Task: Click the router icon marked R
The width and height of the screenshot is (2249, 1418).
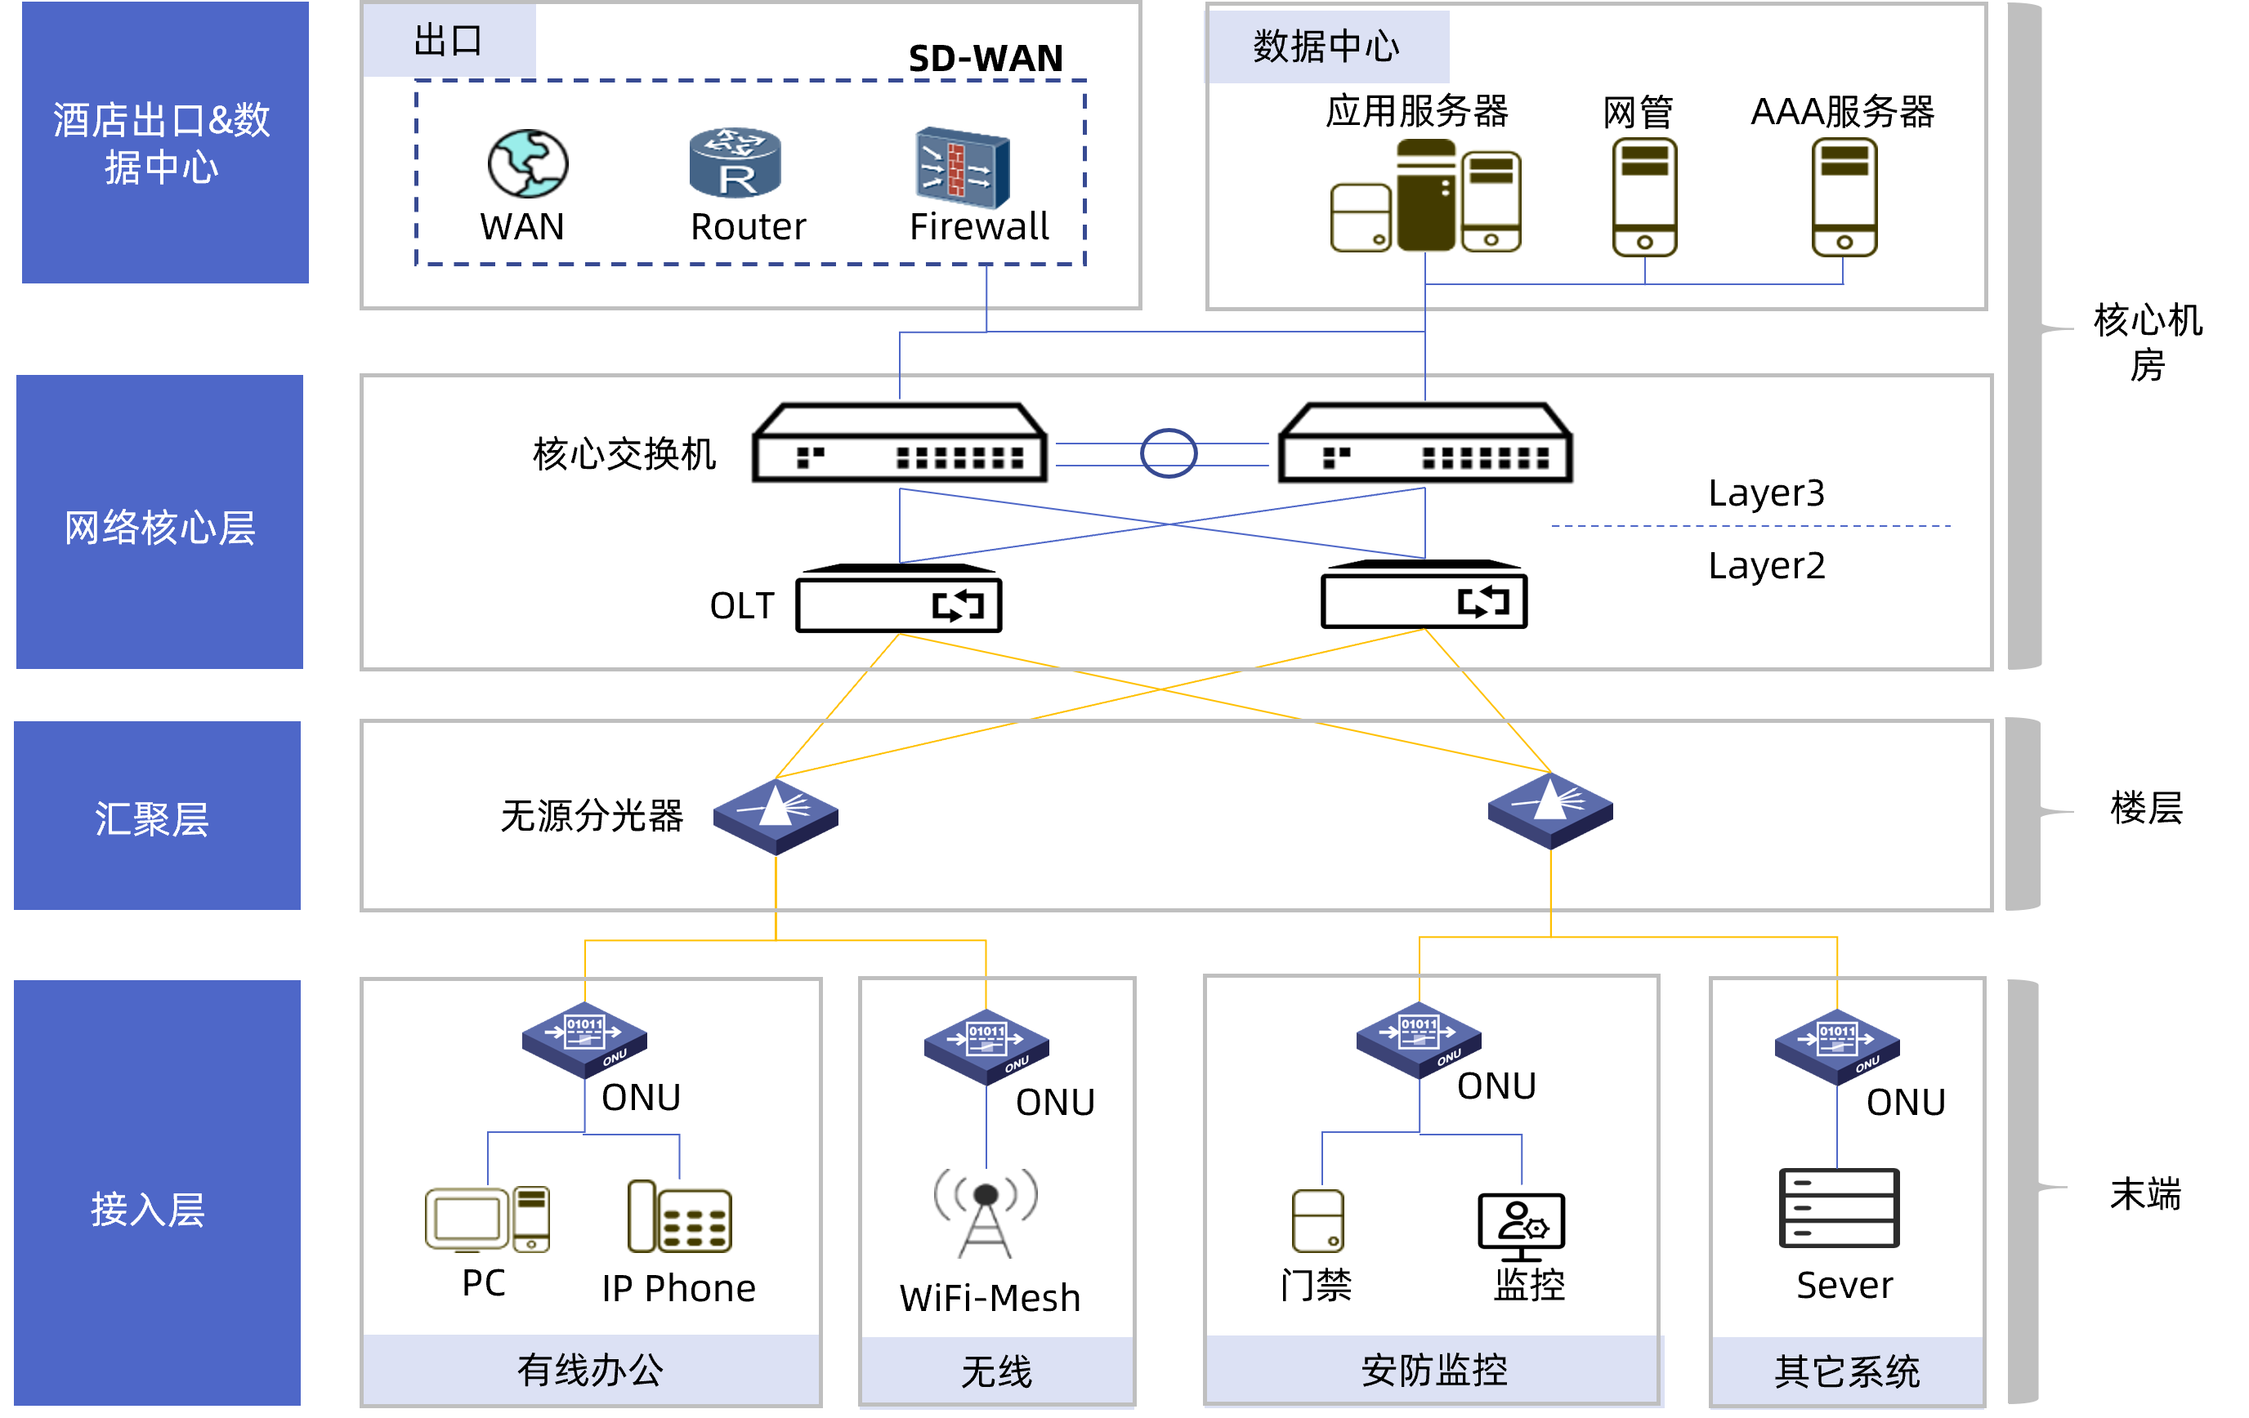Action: [x=735, y=163]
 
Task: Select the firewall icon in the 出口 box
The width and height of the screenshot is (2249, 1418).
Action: [x=962, y=168]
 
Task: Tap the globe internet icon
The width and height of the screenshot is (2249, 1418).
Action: [x=528, y=163]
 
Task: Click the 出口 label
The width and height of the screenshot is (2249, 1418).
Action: [x=449, y=40]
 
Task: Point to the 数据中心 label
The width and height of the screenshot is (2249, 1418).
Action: [x=1326, y=47]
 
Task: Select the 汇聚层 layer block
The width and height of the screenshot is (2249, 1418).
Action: [x=157, y=815]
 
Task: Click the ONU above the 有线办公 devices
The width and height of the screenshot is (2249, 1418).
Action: [x=584, y=1040]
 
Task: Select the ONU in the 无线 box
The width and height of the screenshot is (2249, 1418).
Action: [x=986, y=1046]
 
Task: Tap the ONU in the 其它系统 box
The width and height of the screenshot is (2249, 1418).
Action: [x=1837, y=1046]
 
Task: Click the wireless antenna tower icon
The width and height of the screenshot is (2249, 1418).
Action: [x=986, y=1211]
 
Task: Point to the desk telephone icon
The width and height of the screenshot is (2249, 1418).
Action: [x=679, y=1216]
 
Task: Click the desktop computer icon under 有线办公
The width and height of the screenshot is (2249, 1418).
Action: [x=486, y=1218]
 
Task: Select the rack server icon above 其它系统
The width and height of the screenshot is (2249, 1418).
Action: [x=1839, y=1207]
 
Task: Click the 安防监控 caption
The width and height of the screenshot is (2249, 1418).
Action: [x=1433, y=1371]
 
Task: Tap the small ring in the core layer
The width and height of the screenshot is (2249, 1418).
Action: [x=1169, y=453]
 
